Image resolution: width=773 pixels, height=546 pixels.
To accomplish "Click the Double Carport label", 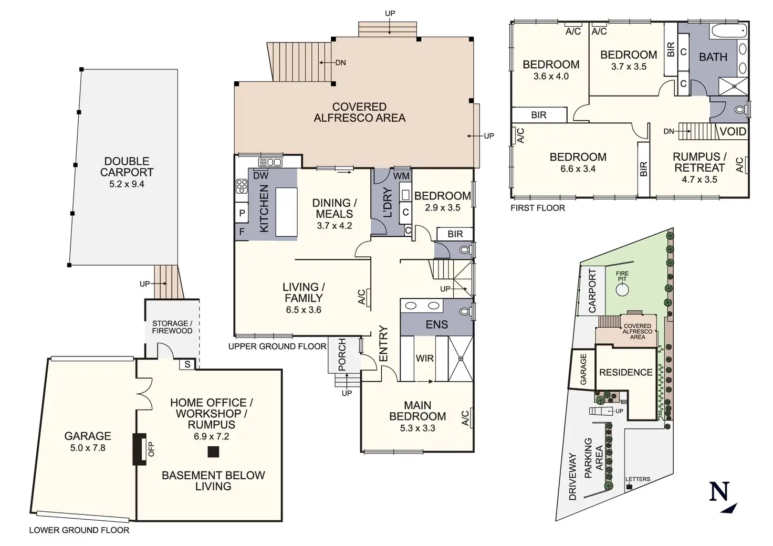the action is coord(127,166).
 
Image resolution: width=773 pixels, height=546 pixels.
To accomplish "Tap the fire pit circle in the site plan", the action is coord(622,290).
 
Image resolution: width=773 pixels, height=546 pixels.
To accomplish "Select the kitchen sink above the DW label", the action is coord(270,162).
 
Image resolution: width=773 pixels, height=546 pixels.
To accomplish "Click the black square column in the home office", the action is coord(213,451).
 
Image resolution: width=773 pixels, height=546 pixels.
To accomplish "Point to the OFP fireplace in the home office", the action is coord(139,449).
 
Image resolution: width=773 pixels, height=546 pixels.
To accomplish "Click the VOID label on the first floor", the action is coord(733,131).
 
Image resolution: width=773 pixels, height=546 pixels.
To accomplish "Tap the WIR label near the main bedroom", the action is coord(424,359).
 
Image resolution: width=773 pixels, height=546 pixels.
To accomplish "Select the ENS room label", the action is coord(437,324).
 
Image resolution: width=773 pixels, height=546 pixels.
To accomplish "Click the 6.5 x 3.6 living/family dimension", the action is coord(304,310).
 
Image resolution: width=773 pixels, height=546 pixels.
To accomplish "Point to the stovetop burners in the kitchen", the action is coord(242,186).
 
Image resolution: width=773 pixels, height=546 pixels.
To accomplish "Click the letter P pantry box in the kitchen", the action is coord(242,213).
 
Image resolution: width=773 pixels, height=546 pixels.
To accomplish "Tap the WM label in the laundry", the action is coord(401,176).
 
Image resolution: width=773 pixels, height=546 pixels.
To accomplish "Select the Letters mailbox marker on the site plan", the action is coord(629,487).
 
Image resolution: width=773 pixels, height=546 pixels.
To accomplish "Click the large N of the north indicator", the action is coord(719,491).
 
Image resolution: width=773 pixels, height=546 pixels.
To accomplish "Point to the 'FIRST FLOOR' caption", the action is coord(538,208).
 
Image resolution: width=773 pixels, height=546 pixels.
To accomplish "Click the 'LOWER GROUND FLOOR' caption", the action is coord(79,530).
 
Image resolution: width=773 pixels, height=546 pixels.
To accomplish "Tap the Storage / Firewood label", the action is coord(172,327).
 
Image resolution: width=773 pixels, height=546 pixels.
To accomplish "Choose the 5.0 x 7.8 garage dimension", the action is coord(88,448).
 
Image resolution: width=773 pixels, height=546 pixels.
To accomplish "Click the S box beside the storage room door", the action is coord(187,364).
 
